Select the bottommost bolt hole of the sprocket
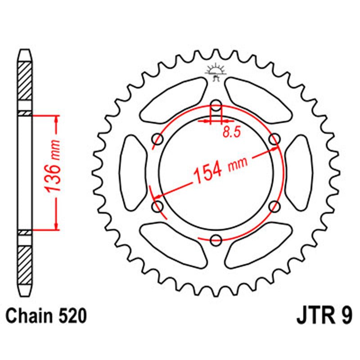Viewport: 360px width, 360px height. click(x=216, y=240)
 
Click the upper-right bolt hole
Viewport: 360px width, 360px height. click(x=274, y=140)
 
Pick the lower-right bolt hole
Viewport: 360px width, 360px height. click(x=274, y=207)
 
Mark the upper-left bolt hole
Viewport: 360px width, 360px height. click(x=158, y=140)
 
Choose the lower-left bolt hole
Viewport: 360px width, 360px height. click(x=158, y=207)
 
